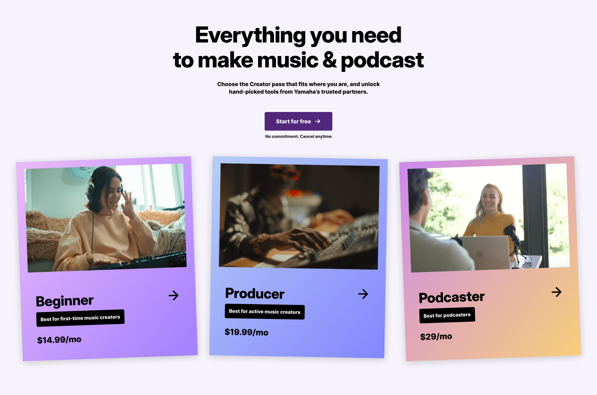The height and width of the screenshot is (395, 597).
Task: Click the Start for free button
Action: tap(298, 121)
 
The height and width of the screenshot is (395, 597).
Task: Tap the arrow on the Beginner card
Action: tap(173, 295)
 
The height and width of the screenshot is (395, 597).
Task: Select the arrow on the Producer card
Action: tap(363, 294)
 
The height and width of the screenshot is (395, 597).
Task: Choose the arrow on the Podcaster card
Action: tap(557, 292)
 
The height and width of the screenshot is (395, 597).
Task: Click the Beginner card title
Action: tap(65, 301)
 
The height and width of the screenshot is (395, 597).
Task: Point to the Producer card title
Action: tap(255, 293)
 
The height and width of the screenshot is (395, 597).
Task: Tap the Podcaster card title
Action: tap(452, 297)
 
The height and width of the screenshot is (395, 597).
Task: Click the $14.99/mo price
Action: tap(59, 340)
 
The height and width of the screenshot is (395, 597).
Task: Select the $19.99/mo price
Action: tap(246, 332)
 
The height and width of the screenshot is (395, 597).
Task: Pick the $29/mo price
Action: tap(436, 337)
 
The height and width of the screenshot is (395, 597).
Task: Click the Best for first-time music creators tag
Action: tap(80, 318)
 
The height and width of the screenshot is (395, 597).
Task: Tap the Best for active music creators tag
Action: tap(265, 312)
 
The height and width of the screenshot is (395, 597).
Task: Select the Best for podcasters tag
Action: tap(447, 315)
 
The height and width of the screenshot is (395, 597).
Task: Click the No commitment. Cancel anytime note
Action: tap(298, 137)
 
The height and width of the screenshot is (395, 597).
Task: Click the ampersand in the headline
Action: tap(330, 60)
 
